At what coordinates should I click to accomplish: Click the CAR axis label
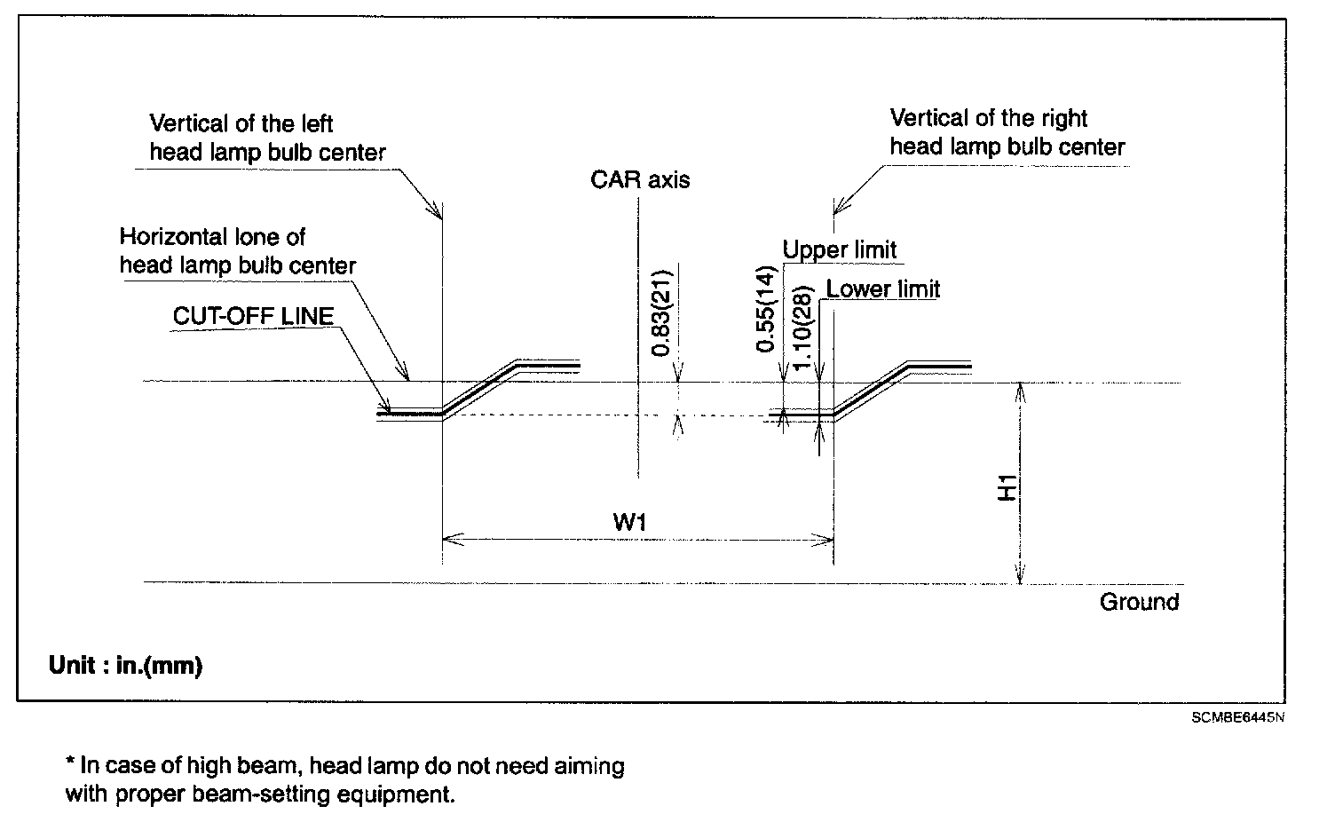point(640,180)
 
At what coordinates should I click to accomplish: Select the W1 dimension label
point(629,522)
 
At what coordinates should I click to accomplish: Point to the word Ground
point(1139,602)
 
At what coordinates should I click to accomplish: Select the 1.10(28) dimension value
point(804,329)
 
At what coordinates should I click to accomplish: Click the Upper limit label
point(839,250)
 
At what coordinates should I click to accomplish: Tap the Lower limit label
point(882,289)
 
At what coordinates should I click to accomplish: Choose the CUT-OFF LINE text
point(253,316)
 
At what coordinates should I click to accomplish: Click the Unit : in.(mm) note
point(125,666)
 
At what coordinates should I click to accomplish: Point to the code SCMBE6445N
point(1237,716)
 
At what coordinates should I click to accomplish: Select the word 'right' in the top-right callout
point(1063,119)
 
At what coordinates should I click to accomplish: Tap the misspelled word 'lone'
point(260,237)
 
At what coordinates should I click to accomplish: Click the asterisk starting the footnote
point(70,765)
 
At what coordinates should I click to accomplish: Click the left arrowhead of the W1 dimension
point(449,538)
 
